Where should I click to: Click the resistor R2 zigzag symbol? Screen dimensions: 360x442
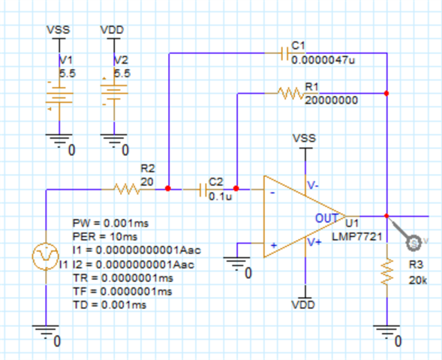pyautogui.click(x=127, y=189)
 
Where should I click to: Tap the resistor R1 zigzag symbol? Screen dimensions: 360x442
pyautogui.click(x=290, y=94)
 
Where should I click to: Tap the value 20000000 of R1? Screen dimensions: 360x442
pyautogui.click(x=331, y=100)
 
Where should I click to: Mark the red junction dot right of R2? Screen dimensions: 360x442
pyautogui.click(x=167, y=189)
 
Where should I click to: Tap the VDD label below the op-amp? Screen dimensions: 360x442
pyautogui.click(x=305, y=305)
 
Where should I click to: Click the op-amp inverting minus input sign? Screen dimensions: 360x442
pyautogui.click(x=271, y=193)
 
